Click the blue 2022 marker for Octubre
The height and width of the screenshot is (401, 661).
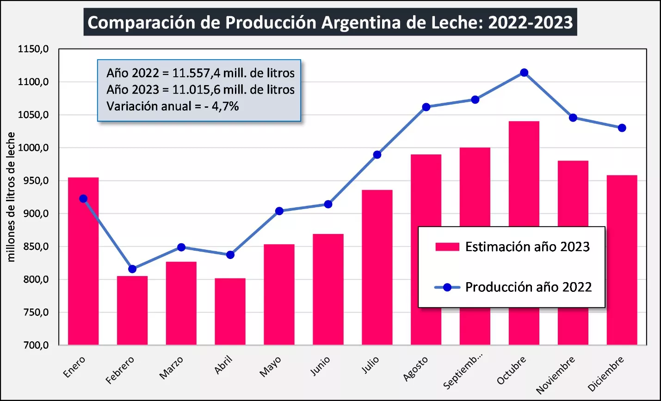coord(524,73)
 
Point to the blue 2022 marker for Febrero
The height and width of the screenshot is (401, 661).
coord(132,269)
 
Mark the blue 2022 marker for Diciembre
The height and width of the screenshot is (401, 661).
coord(622,128)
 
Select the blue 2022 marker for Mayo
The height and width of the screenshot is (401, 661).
coord(279,211)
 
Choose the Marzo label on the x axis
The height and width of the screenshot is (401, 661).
coord(172,368)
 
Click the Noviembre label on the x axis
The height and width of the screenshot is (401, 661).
coord(556,375)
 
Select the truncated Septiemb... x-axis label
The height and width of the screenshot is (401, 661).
coord(463,371)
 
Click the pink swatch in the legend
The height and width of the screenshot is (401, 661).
coord(447,247)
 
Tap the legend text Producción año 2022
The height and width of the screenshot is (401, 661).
coord(528,287)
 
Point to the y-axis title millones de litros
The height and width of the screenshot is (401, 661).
coord(11,197)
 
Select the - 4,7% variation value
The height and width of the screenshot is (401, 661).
coord(224,106)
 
